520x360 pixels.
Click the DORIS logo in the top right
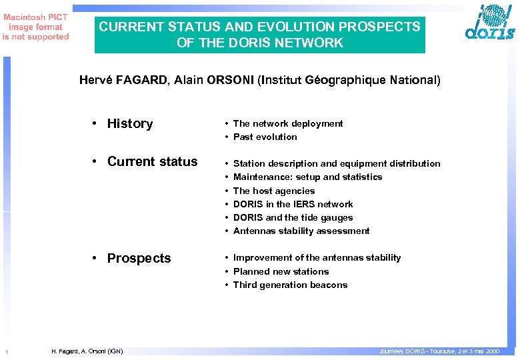[x=489, y=25]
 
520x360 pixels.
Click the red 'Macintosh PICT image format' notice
[x=35, y=27]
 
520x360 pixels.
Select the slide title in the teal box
[x=259, y=35]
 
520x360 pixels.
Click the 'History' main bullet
[x=129, y=123]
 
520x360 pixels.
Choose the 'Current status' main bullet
[x=152, y=161]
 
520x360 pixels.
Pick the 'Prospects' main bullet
[x=139, y=258]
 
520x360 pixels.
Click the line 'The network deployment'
[x=287, y=123]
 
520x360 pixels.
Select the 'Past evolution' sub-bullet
[x=265, y=137]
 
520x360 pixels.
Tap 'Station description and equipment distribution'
[x=336, y=163]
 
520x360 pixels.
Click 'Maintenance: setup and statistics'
[x=307, y=177]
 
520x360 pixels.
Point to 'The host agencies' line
[x=273, y=191]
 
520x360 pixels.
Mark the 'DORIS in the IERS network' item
[x=293, y=204]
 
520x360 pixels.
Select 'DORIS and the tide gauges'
[x=293, y=217]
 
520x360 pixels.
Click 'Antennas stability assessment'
[x=301, y=231]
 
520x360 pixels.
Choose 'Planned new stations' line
[x=281, y=271]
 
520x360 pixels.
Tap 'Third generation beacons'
[x=290, y=285]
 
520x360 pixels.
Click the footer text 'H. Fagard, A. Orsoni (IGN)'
[x=87, y=351]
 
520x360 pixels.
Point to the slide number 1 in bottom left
[x=6, y=352]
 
